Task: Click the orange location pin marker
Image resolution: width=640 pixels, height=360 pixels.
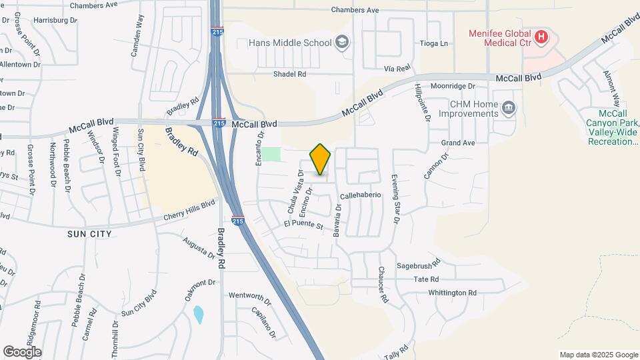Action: point(321,159)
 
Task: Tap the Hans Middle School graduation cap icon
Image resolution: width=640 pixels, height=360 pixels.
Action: point(342,43)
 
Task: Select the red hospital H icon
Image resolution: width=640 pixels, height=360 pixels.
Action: point(541,37)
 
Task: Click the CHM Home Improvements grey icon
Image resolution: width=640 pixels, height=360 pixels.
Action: point(508,108)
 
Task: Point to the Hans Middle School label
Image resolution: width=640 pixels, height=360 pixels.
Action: point(289,43)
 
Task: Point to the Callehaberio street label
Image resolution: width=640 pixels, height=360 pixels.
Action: point(360,196)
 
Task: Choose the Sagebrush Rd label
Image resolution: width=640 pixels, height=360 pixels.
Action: point(419,265)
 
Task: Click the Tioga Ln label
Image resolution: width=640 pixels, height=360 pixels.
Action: point(435,43)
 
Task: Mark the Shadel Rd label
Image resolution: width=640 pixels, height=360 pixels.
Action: point(289,74)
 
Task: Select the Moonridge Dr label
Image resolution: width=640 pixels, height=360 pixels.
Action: point(452,86)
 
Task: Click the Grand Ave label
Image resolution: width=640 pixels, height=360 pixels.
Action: point(457,143)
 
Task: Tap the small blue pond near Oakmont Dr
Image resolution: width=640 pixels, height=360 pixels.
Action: point(198,314)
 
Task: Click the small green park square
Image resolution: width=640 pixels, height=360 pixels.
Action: point(271,154)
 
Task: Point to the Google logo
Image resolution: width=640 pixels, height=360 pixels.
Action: point(22,351)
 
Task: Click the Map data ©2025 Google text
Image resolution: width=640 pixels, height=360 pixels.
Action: point(599,355)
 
